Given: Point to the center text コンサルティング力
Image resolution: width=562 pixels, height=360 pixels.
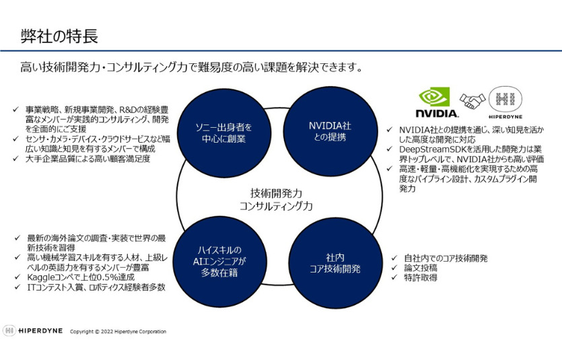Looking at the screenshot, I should (x=276, y=207).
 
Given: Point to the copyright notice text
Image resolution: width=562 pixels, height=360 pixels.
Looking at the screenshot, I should (x=118, y=332).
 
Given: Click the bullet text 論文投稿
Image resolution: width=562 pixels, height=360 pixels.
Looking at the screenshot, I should (x=422, y=267).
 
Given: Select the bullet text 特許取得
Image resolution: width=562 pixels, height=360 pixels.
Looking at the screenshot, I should (x=422, y=277).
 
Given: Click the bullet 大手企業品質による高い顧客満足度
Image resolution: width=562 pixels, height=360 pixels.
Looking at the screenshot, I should (x=87, y=159).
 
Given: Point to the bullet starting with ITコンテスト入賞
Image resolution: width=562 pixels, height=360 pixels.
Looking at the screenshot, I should (x=94, y=287).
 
